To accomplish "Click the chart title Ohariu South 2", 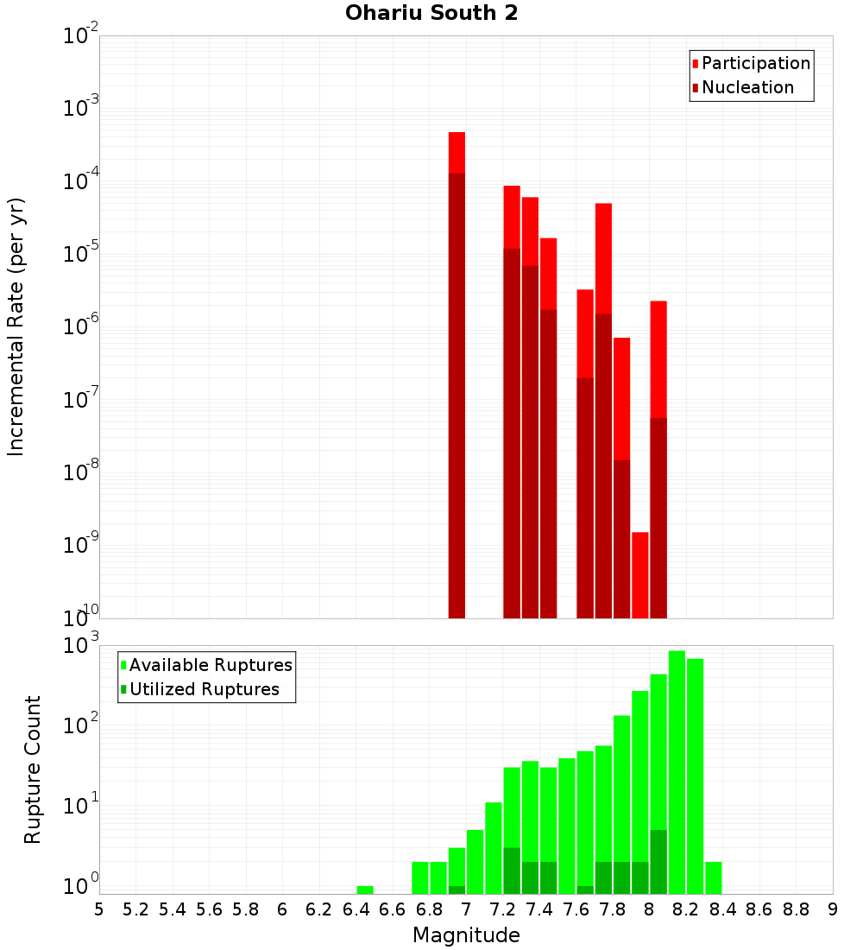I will pyautogui.click(x=431, y=14).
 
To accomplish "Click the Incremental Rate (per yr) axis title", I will pyautogui.click(x=16, y=327).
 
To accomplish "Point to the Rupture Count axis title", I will pyautogui.click(x=33, y=769).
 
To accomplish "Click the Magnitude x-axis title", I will pyautogui.click(x=466, y=935).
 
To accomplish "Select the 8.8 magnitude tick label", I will pyautogui.click(x=796, y=909).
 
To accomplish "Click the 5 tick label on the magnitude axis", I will pyautogui.click(x=99, y=909).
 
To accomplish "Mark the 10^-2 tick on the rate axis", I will pyautogui.click(x=79, y=36).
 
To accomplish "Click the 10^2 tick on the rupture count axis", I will pyautogui.click(x=79, y=725).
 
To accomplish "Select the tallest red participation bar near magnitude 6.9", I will pyautogui.click(x=457, y=152).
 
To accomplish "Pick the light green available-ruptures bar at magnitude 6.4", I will pyautogui.click(x=365, y=890).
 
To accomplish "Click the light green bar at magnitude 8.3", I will pyautogui.click(x=713, y=877).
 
